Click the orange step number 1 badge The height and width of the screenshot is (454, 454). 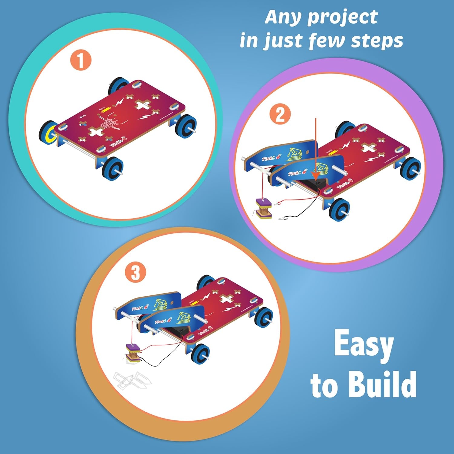[x=81, y=61]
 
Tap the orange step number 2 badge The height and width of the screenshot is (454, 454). [x=280, y=115]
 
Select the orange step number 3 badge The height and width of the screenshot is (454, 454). [x=135, y=272]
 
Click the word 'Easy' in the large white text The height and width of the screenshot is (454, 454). [x=364, y=345]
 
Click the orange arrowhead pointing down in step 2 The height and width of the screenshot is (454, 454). [x=316, y=175]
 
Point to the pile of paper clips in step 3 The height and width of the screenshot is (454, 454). [x=132, y=380]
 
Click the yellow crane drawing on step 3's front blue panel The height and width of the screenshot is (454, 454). [x=185, y=317]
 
